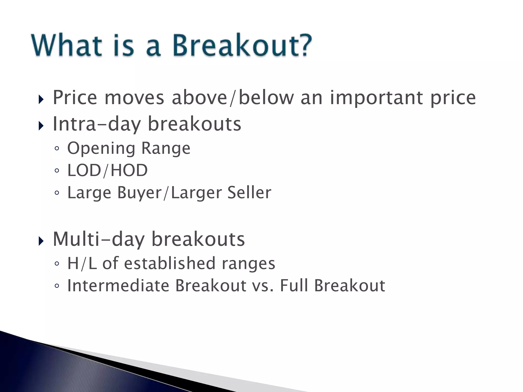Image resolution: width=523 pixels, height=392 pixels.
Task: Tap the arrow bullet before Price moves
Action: (x=41, y=99)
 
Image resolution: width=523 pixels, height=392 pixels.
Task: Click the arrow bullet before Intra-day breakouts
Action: (x=41, y=126)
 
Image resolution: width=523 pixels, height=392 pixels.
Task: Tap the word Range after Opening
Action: (x=166, y=149)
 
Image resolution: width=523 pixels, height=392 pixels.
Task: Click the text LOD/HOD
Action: (x=107, y=170)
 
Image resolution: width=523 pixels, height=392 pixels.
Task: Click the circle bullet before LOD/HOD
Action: (x=57, y=170)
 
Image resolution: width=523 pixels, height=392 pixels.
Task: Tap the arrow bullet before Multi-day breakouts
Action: (x=41, y=241)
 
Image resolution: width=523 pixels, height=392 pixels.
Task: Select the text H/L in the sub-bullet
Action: (x=82, y=263)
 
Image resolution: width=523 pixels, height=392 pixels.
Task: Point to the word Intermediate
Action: (x=118, y=285)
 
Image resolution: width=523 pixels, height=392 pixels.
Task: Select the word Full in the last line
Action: (x=294, y=285)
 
